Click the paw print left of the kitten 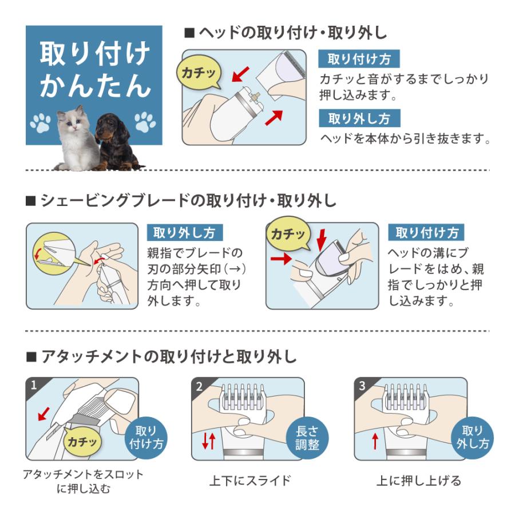point(40,123)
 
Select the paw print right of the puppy point(145,122)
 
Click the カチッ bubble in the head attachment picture point(198,72)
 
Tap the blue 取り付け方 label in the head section point(359,59)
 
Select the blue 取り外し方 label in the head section point(359,118)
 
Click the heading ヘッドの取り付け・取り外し point(286,33)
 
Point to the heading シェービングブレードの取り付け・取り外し point(181,200)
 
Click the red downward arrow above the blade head point(321,239)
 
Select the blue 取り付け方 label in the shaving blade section point(426,232)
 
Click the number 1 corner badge point(34,385)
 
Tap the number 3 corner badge point(362,385)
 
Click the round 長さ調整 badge point(307,438)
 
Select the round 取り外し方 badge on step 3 point(472,438)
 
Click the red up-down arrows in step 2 point(208,441)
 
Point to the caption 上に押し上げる point(419,481)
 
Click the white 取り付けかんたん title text point(95,69)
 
